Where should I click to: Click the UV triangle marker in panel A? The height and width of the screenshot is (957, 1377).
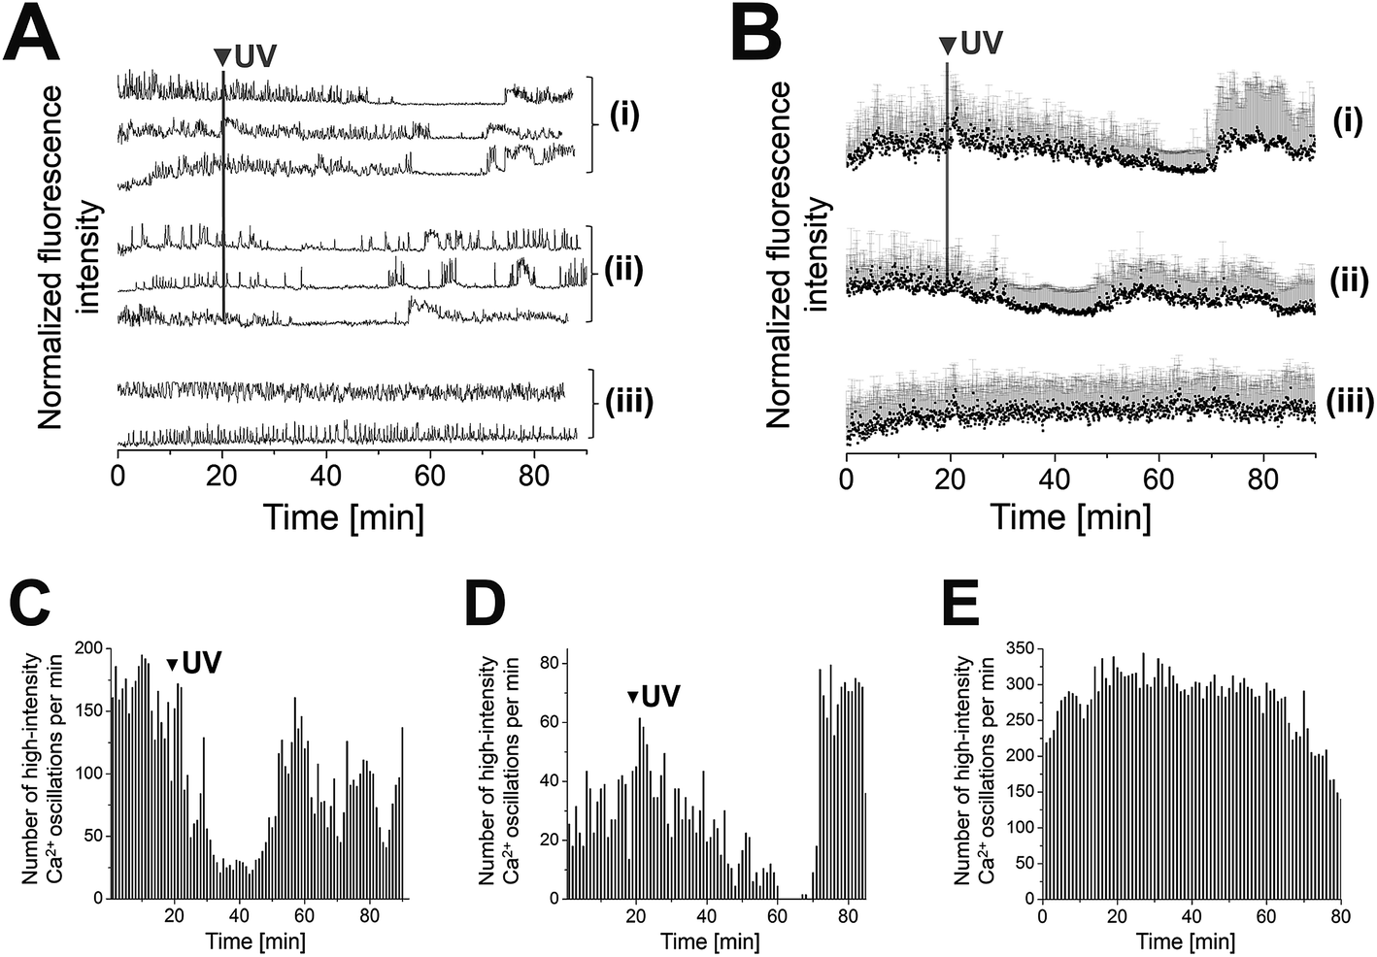[222, 56]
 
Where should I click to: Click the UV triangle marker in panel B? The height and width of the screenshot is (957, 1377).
[947, 44]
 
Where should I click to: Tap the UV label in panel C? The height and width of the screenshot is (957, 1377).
[202, 663]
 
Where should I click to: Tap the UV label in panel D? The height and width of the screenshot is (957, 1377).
[663, 696]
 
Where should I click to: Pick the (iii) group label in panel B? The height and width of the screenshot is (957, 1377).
[1349, 401]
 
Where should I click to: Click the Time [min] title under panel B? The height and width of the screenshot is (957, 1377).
[1070, 515]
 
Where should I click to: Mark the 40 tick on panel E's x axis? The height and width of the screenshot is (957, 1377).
[1191, 916]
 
